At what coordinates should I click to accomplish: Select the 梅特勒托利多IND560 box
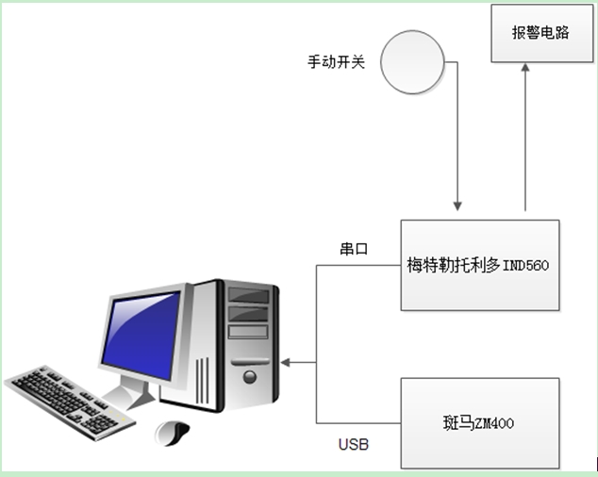[479, 265]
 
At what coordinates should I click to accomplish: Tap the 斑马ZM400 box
[479, 423]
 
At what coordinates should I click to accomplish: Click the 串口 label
[353, 250]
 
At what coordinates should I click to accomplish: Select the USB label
[353, 443]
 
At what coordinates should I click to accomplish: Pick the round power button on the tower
[249, 375]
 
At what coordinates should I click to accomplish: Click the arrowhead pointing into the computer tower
[286, 362]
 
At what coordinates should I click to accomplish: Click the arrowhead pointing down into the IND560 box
[457, 205]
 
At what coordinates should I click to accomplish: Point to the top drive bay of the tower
[249, 296]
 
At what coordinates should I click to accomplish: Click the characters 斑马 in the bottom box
[458, 424]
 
